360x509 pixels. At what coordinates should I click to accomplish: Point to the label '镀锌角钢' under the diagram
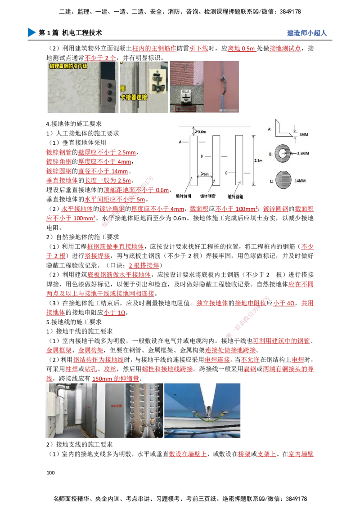click(184, 196)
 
